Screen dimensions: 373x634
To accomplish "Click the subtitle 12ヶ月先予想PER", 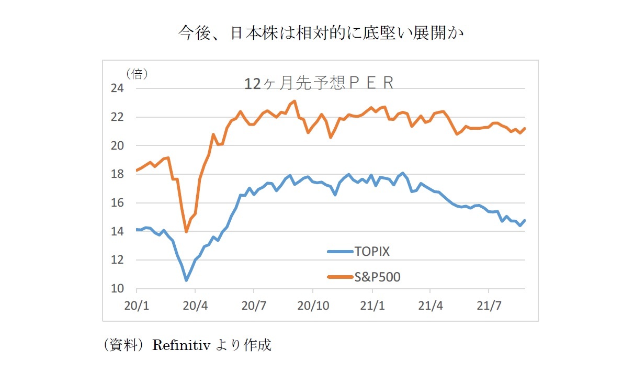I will coord(319,83).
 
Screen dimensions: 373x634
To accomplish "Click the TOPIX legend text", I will coord(372,251).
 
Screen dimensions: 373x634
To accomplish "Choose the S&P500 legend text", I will coord(377,277).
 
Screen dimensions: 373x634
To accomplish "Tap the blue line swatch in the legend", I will coord(340,252).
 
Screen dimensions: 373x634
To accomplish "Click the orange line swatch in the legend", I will coord(340,277).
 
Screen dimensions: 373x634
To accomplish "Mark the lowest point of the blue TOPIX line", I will coord(186,280).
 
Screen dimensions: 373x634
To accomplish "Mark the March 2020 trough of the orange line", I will coord(186,231).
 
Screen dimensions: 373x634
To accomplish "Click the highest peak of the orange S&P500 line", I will coord(295,101).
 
